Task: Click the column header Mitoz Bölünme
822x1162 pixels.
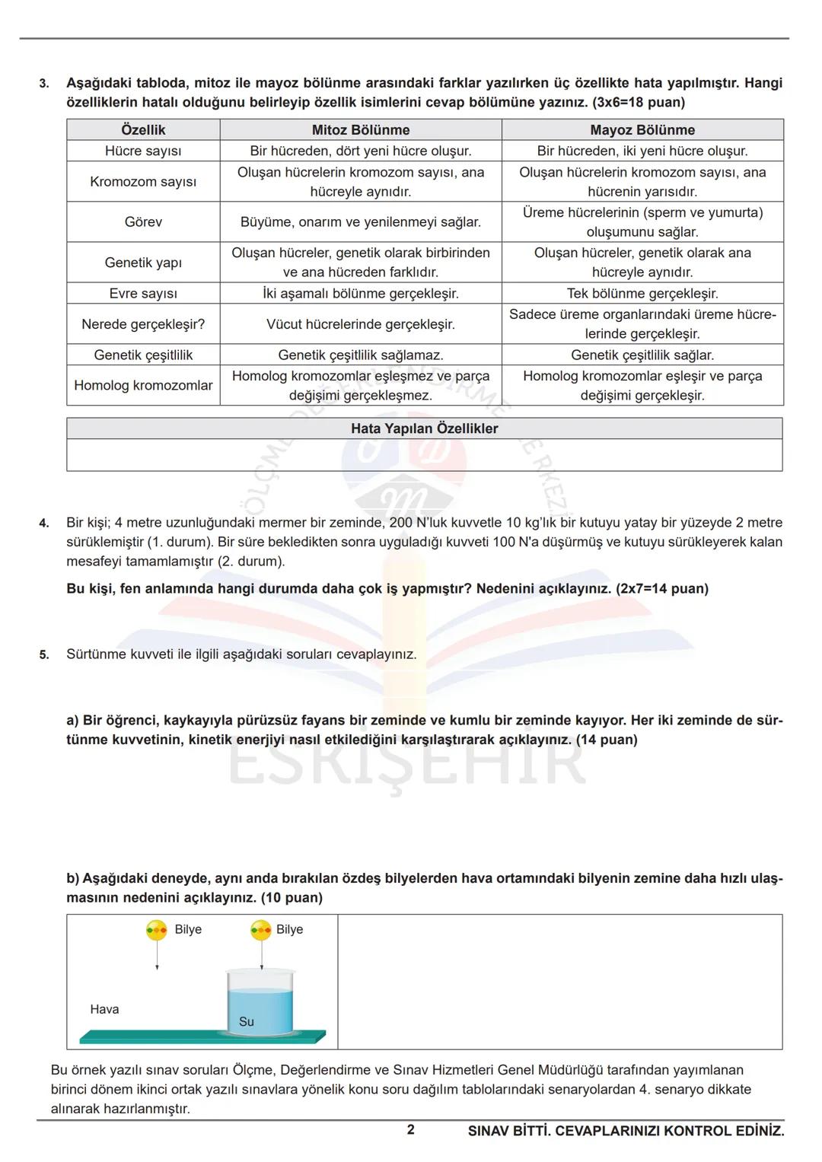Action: (x=361, y=129)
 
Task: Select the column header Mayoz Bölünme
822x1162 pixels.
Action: (x=642, y=129)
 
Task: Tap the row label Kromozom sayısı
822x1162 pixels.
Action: (x=143, y=182)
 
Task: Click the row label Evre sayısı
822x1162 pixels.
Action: (x=143, y=294)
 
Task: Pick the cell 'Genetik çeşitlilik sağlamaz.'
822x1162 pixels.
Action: (x=361, y=355)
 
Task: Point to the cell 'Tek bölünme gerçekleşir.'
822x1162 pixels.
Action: (x=642, y=294)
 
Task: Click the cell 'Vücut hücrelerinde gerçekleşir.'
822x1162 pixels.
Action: (x=361, y=324)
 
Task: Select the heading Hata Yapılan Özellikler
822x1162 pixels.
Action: (x=424, y=428)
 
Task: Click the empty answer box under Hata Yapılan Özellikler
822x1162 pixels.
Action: (x=424, y=455)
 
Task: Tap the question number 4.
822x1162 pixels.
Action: (x=44, y=524)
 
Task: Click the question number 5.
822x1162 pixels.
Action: (x=44, y=654)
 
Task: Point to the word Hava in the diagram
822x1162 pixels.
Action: (x=104, y=1010)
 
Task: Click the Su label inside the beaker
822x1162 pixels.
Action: (x=246, y=1022)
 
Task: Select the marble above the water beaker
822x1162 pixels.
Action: (x=261, y=929)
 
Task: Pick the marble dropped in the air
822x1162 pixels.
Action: (x=157, y=929)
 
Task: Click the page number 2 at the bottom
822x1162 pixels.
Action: (x=411, y=1130)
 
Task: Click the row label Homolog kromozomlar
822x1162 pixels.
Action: (x=143, y=386)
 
